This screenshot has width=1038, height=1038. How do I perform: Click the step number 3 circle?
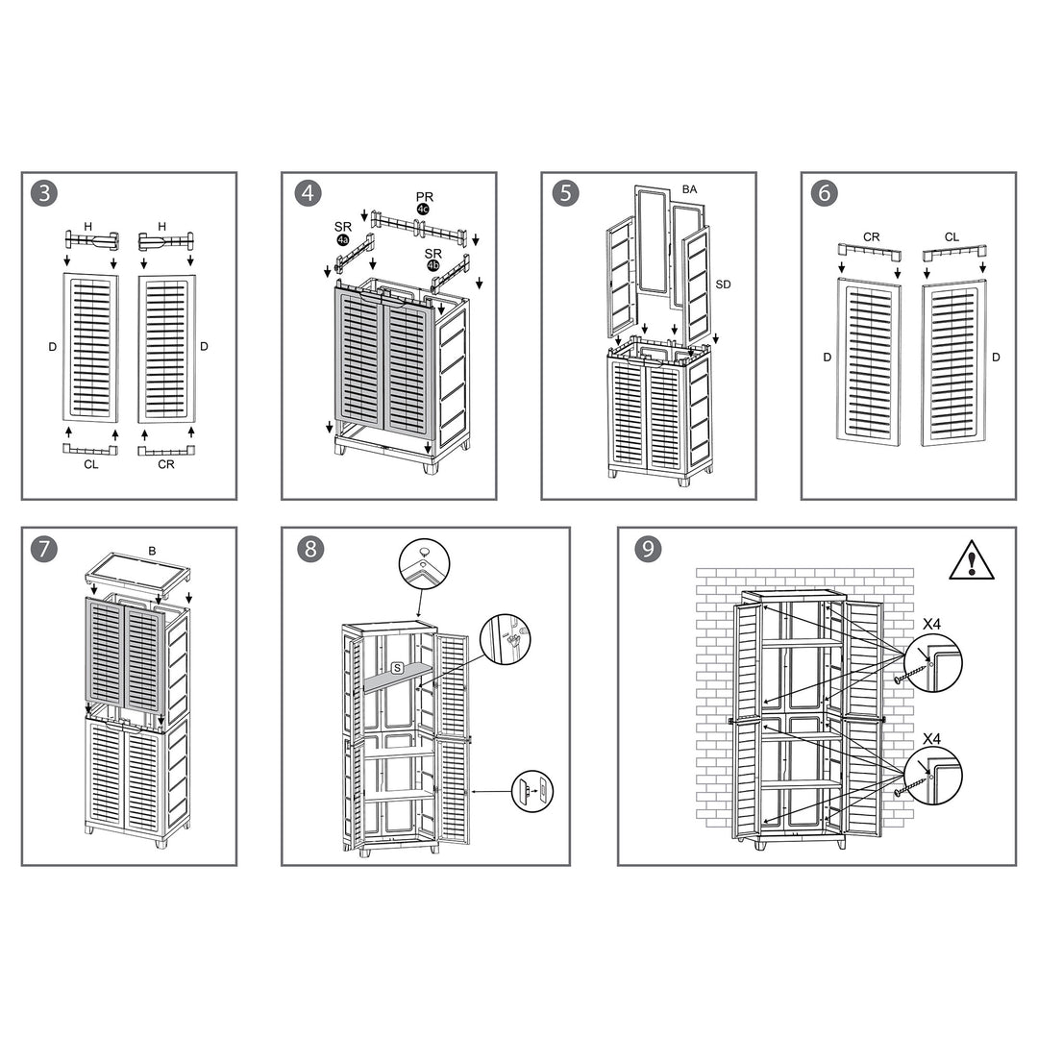click(x=44, y=193)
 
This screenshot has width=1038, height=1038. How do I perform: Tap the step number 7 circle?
click(x=44, y=549)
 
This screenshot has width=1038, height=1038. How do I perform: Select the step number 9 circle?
click(x=649, y=549)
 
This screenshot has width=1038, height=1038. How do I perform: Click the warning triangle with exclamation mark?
click(x=972, y=559)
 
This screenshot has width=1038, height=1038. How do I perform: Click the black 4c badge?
click(x=423, y=210)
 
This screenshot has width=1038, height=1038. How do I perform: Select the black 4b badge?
click(x=432, y=265)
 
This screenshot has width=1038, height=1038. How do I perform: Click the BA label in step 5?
click(x=689, y=189)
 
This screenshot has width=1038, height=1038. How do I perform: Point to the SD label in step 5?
click(x=723, y=284)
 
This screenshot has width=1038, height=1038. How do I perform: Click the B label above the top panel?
click(x=151, y=551)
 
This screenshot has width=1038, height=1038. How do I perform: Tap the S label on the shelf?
click(x=396, y=667)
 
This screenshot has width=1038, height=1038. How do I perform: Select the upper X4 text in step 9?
click(x=930, y=624)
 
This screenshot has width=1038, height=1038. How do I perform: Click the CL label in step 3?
click(x=90, y=465)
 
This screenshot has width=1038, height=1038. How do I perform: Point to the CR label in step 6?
click(x=871, y=235)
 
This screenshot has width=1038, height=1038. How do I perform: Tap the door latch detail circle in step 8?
click(x=532, y=791)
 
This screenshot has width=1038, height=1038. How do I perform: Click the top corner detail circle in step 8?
click(x=424, y=562)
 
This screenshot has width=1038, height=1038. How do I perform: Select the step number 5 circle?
click(x=566, y=193)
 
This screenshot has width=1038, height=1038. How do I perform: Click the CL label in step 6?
click(x=951, y=235)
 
